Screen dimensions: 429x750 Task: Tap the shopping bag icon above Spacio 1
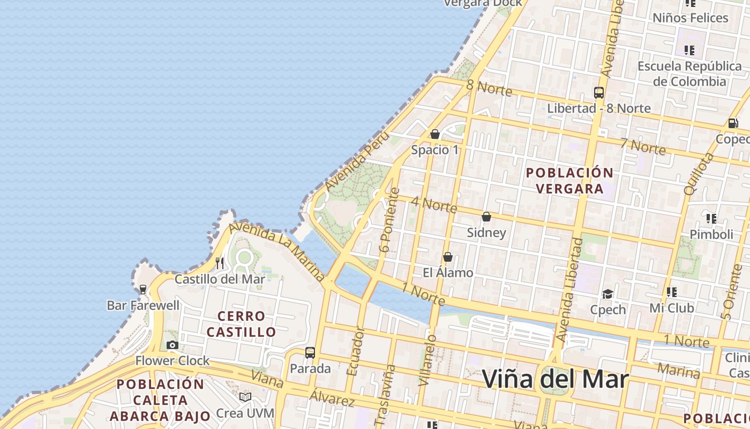coord(435,134)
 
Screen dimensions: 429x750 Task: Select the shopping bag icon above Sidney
coord(486,217)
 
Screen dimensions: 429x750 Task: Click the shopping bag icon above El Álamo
coord(448,257)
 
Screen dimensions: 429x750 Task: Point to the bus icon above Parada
coord(310,353)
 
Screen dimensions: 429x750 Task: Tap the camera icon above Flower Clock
coord(172,345)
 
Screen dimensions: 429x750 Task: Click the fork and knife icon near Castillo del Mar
coord(219,263)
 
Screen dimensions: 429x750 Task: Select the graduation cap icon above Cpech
coord(607,294)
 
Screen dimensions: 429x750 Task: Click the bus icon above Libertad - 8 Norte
coord(599,92)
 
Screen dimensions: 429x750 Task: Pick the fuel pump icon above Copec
coord(733,123)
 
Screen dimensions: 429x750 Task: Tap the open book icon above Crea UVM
coord(245,397)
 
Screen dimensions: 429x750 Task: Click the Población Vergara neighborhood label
coord(569,181)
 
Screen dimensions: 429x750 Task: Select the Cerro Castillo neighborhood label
coord(241,324)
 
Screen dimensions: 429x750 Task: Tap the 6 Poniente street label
coord(389,219)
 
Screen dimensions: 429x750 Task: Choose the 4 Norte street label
coord(434,204)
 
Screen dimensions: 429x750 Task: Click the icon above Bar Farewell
coord(143,290)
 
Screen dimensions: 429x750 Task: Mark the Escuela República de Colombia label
coord(689,74)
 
